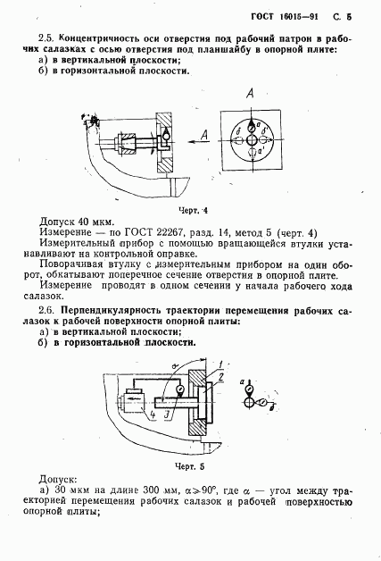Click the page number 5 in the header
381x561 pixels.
coord(349,17)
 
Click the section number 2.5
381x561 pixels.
coord(46,38)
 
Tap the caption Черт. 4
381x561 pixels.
coord(194,211)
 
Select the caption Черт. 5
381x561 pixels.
coord(190,466)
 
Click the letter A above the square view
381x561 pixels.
coord(250,94)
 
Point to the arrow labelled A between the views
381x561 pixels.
coord(198,141)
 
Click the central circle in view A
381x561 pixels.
coord(252,140)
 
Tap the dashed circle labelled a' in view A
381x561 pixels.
coord(252,152)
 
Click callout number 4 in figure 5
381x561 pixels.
coord(153,415)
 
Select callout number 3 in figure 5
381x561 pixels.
coord(167,415)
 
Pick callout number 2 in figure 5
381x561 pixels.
coord(221,377)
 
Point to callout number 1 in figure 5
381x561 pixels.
coord(220,364)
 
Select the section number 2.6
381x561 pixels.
coord(46,310)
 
